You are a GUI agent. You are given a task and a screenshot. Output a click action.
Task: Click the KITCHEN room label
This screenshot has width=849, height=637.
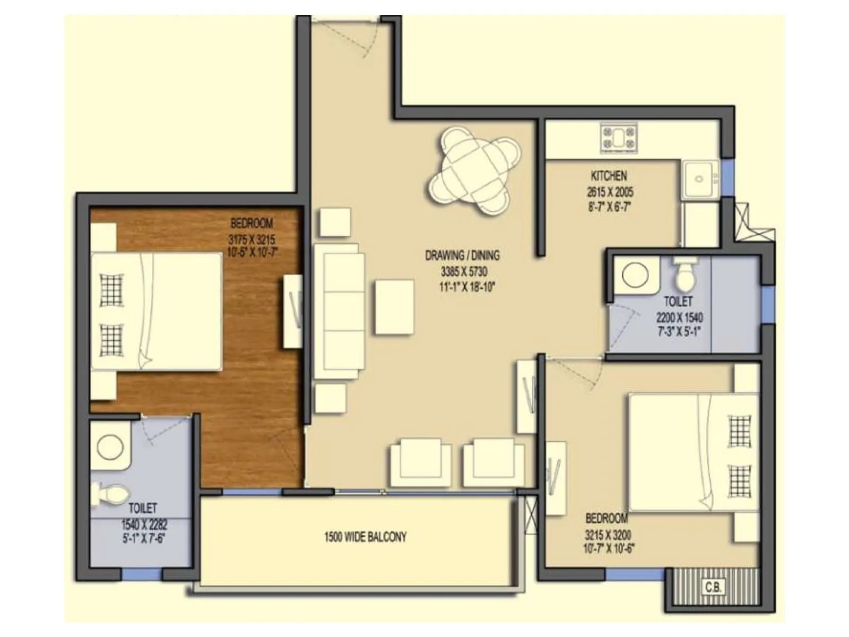coord(609,176)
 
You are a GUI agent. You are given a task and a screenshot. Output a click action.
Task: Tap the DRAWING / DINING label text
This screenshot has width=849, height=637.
coord(462,256)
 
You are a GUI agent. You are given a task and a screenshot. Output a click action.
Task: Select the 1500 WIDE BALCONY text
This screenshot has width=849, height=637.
coord(365,537)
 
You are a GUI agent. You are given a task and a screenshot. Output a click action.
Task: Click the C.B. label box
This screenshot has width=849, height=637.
coord(712,587)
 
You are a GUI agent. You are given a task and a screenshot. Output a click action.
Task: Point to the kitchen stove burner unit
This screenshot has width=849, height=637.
coord(618,138)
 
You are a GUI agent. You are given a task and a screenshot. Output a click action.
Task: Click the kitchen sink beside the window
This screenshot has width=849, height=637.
coord(699,179)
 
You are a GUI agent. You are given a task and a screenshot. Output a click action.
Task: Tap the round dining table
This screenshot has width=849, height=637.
coord(474,170)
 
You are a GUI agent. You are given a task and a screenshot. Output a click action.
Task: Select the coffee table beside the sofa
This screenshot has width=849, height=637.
coord(394,307)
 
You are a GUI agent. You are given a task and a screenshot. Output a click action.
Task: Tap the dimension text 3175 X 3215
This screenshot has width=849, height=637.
coord(252,239)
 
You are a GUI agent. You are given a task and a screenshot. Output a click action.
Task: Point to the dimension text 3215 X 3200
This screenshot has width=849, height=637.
coord(608,535)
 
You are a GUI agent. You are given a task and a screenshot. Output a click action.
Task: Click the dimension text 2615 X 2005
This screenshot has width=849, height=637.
coord(610,192)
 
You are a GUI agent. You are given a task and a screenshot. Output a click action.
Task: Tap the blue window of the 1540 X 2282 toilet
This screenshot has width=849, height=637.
coord(141,574)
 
